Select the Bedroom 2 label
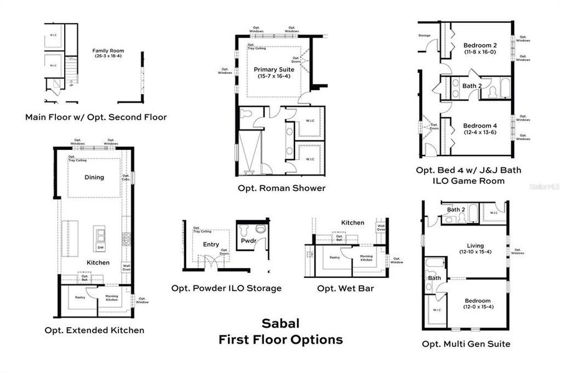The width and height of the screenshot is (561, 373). (479, 45)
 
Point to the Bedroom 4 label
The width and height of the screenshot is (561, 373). (479, 126)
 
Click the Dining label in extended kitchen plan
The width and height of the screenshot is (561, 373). (94, 177)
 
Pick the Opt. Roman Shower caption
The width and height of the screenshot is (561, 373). (281, 188)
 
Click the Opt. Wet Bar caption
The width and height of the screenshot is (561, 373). (346, 288)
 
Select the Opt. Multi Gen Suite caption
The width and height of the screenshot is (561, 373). (466, 344)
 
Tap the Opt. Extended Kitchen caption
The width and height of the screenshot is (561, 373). (94, 330)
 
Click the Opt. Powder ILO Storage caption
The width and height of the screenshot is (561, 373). (226, 288)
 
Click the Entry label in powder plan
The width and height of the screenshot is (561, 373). (210, 244)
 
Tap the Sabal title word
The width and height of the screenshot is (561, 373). (280, 323)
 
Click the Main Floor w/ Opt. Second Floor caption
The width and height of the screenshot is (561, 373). (96, 117)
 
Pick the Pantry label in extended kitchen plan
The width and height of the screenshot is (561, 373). (80, 298)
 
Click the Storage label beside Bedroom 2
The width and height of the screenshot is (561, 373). (425, 35)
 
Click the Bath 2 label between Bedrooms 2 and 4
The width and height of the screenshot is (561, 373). (472, 86)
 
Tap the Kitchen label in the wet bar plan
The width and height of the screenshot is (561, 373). (352, 223)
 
